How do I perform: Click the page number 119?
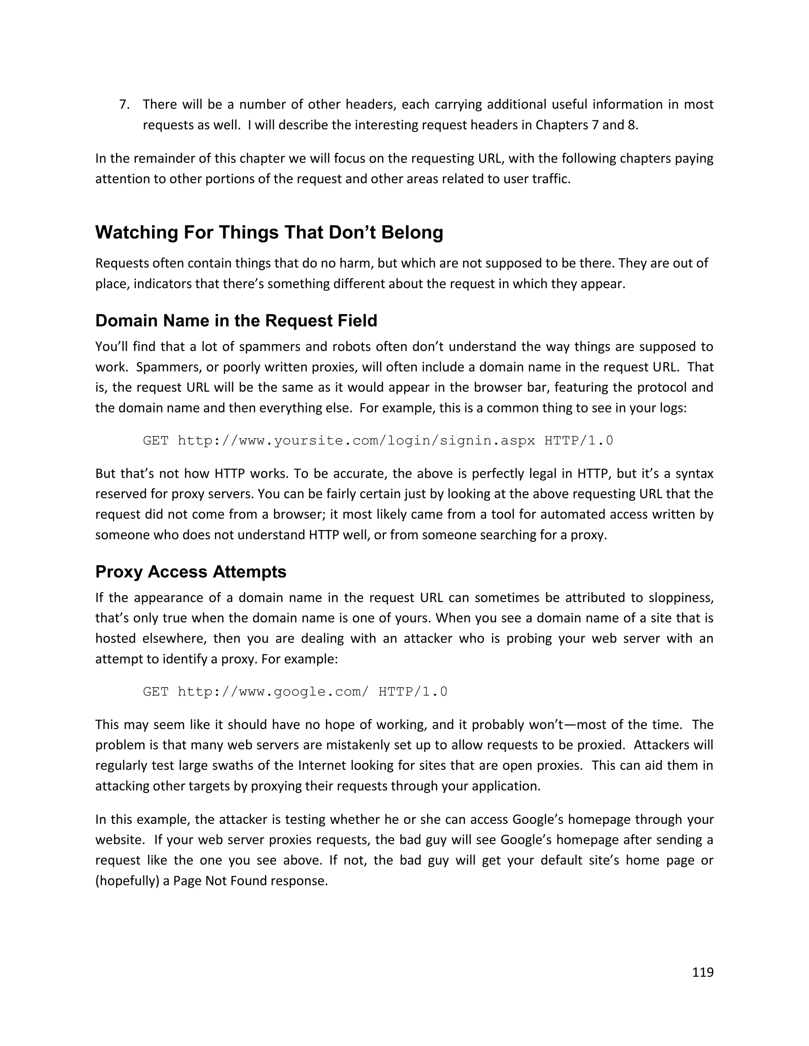[703, 972]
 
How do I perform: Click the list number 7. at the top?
[124, 105]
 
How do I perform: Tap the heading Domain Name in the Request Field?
[236, 321]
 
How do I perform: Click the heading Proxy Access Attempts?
[191, 572]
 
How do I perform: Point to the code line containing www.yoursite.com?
[378, 440]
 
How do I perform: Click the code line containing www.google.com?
[295, 692]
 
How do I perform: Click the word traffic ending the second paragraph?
[553, 179]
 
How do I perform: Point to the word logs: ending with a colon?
[672, 408]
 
